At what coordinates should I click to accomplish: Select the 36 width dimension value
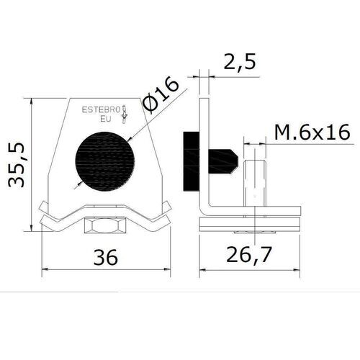click(106, 257)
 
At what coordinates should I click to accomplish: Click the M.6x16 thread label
click(312, 132)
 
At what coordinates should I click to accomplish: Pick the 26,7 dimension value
click(250, 257)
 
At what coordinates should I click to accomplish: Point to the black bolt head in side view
click(192, 162)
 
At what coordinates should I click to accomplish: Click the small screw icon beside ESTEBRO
click(126, 112)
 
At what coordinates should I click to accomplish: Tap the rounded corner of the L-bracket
click(204, 213)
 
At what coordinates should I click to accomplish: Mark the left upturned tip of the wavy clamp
click(41, 209)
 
